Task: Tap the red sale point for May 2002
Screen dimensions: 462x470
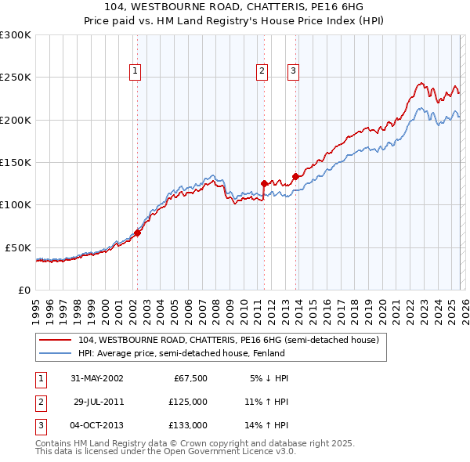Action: tap(137, 233)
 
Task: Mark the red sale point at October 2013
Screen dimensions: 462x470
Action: tap(295, 176)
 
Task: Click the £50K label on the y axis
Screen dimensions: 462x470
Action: tap(19, 247)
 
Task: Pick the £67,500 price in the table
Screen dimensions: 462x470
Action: tap(189, 378)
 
